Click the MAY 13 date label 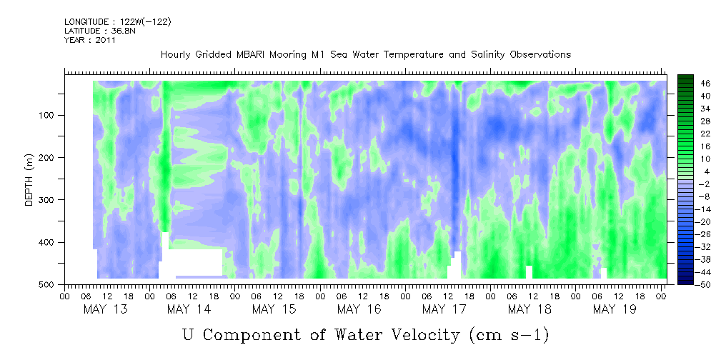click(105, 310)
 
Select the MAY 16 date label click(359, 310)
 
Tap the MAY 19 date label click(615, 310)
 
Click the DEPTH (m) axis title click(29, 183)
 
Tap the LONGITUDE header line click(118, 21)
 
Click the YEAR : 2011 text click(89, 40)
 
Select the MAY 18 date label click(529, 310)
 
